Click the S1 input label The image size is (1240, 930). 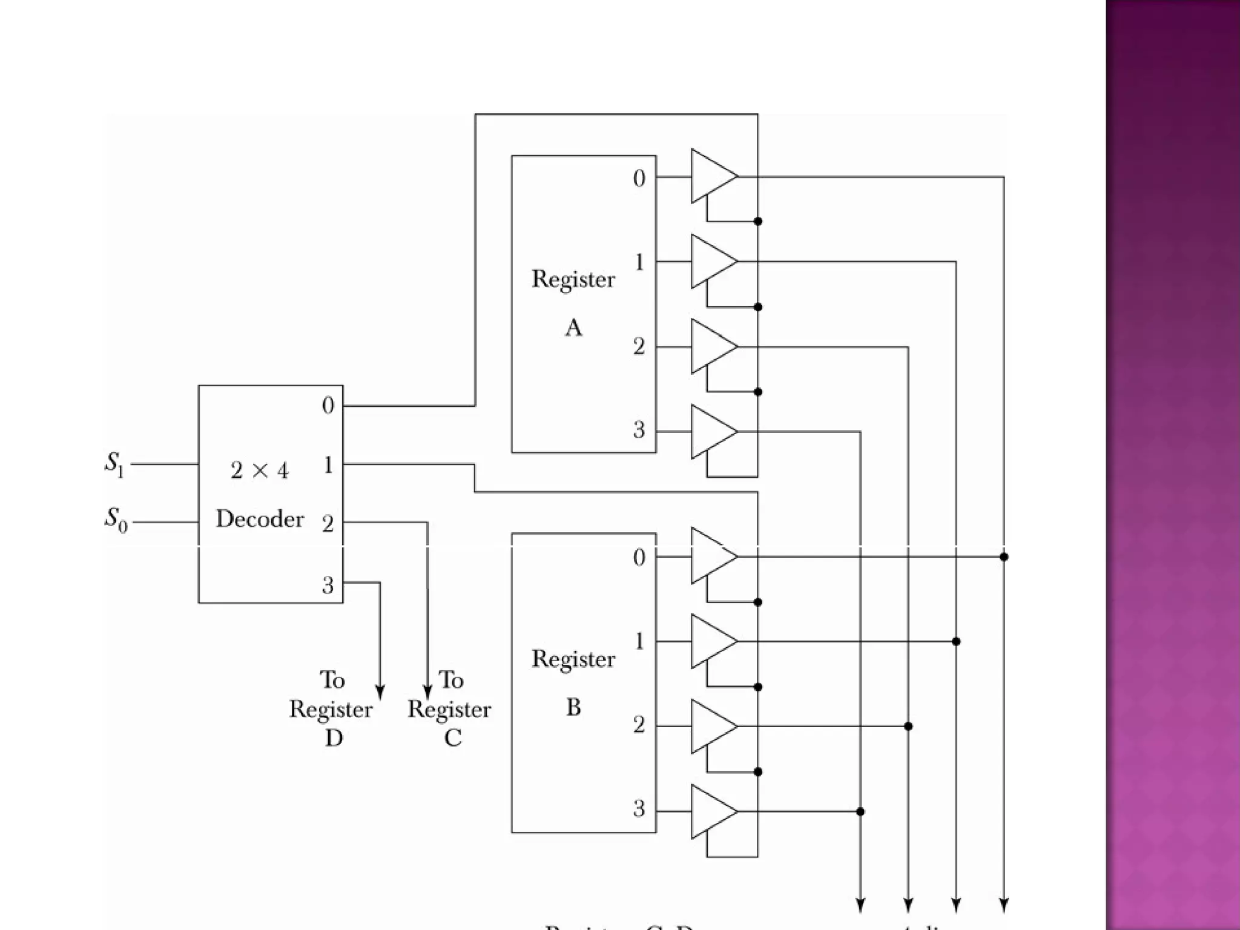click(x=114, y=464)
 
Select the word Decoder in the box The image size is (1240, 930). click(x=260, y=519)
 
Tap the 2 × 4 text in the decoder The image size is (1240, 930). click(x=260, y=470)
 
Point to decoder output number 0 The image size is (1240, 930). click(x=328, y=406)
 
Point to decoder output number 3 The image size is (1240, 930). click(x=328, y=585)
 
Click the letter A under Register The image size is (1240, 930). click(x=573, y=328)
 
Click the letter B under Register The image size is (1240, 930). click(x=573, y=707)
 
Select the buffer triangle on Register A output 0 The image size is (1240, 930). click(x=711, y=176)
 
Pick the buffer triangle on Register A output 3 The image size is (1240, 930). click(x=711, y=432)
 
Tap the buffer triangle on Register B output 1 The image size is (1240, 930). click(x=711, y=641)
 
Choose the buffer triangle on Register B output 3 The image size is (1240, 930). click(x=711, y=811)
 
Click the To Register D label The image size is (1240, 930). click(x=332, y=709)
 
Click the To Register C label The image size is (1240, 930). click(x=450, y=709)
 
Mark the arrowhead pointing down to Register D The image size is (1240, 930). click(x=380, y=692)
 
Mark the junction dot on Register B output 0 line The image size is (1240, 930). click(x=1004, y=556)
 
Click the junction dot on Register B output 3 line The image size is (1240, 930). click(x=860, y=811)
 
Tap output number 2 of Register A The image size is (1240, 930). click(x=639, y=347)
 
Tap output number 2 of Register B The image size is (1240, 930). click(x=639, y=725)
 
